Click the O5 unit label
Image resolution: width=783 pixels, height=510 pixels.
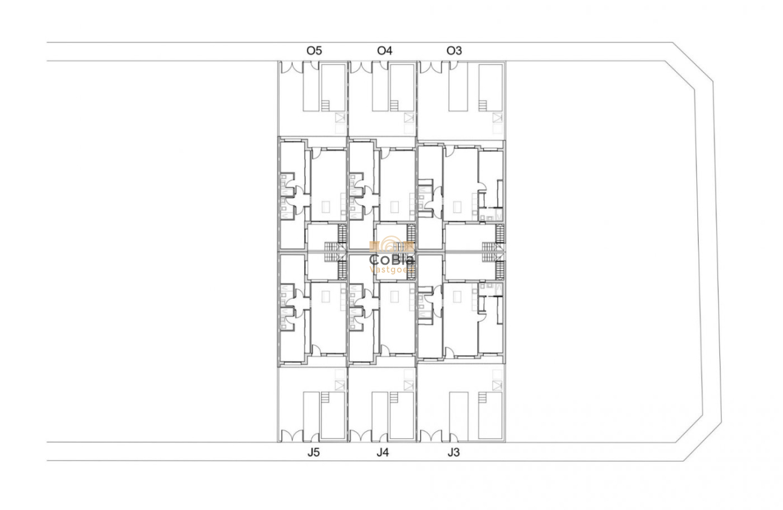click(x=314, y=51)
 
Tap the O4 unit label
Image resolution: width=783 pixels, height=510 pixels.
click(x=385, y=51)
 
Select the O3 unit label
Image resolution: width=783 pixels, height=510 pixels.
click(x=454, y=51)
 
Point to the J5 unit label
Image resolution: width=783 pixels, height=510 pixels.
click(x=314, y=452)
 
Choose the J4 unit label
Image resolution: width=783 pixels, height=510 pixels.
click(x=383, y=452)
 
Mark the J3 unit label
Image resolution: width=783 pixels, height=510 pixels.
click(x=454, y=452)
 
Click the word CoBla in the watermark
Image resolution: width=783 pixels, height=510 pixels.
click(x=392, y=259)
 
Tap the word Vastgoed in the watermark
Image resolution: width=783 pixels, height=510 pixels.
click(x=392, y=269)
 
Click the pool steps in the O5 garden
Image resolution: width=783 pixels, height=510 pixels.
click(x=326, y=105)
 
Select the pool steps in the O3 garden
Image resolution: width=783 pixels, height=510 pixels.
click(x=483, y=105)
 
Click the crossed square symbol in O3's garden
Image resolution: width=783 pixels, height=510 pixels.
click(x=498, y=118)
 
